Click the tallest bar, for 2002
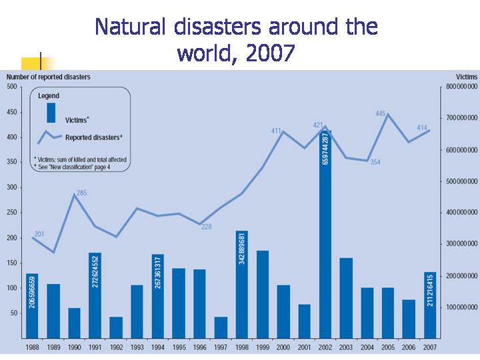coord(325,233)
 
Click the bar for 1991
coord(95,293)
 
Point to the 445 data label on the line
coord(381,114)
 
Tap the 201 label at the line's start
coord(39,234)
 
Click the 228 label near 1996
coord(207,227)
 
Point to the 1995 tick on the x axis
coord(179,347)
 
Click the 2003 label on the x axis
coord(346,347)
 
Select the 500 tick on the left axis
coord(11,87)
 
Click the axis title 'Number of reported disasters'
coord(48,77)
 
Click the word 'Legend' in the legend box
coord(49,96)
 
